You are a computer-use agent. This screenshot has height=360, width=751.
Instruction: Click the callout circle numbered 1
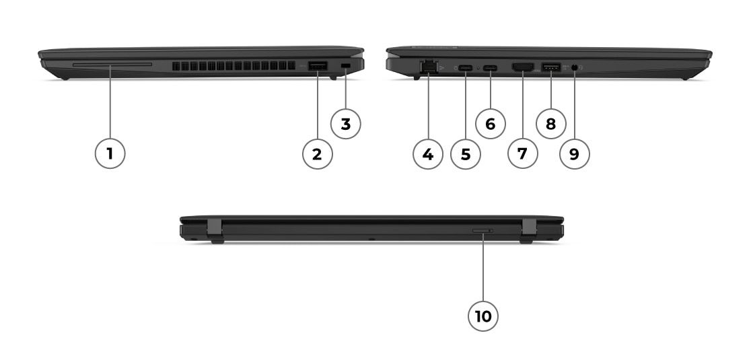110,153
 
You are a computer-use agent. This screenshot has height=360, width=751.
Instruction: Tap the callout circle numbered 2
318,153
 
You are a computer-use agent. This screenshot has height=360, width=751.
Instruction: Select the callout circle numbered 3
346,124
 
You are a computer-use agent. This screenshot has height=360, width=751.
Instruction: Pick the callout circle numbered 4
428,153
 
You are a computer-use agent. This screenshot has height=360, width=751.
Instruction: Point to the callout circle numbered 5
466,153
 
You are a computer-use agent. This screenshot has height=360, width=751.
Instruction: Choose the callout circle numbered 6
491,124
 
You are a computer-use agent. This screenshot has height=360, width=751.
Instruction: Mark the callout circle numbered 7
523,153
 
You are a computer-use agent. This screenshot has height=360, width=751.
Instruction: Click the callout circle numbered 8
550,124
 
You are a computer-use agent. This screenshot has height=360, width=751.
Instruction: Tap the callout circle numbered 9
575,153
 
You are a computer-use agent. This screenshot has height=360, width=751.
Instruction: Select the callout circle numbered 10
482,316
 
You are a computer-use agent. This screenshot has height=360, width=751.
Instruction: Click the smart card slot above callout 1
112,64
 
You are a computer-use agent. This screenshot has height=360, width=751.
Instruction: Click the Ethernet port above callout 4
428,67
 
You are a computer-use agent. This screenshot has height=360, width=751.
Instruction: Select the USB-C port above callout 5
466,68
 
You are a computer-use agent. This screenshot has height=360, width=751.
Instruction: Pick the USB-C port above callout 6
491,68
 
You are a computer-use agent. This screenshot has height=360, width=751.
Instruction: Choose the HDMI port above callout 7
523,67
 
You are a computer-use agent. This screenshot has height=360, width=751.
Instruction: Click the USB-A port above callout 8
550,67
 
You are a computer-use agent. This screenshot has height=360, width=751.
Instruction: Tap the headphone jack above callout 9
575,68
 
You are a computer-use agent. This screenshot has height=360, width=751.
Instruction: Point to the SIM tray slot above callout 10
482,231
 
